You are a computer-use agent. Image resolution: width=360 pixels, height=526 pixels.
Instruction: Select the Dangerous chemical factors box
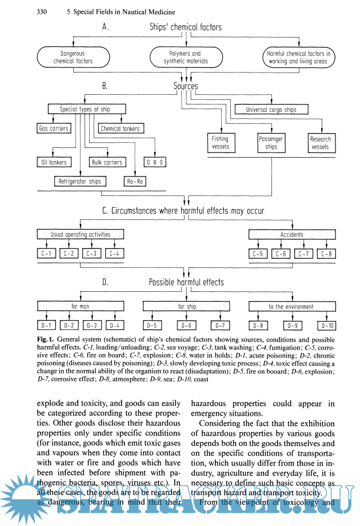(x=73, y=57)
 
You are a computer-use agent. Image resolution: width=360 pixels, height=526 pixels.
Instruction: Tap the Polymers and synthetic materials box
(x=186, y=57)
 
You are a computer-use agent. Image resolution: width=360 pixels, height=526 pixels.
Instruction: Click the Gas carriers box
(x=53, y=129)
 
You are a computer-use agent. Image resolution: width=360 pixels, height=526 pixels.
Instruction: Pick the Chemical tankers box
(x=120, y=129)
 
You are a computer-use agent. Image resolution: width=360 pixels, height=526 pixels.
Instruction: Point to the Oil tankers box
(x=53, y=162)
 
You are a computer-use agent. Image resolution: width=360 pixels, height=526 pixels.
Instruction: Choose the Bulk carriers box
(x=107, y=162)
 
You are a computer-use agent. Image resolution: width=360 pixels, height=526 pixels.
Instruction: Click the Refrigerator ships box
(x=79, y=182)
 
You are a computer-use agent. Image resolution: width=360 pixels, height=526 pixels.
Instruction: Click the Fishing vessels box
(x=220, y=142)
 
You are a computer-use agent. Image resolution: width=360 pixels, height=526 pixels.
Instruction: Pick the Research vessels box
(x=321, y=142)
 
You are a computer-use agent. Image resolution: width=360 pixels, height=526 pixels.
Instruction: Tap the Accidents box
(x=291, y=234)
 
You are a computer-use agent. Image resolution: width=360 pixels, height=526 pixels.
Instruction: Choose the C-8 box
(x=326, y=254)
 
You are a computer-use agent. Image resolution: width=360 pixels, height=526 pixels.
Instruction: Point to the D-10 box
(x=328, y=326)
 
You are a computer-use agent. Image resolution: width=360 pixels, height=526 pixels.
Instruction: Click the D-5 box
(x=151, y=326)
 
